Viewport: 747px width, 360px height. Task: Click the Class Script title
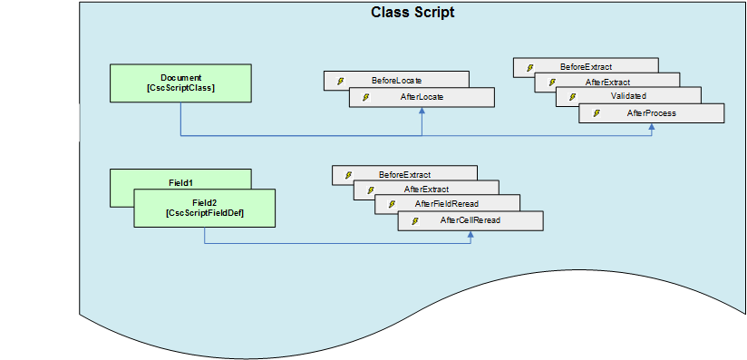coord(412,13)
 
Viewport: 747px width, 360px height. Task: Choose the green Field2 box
coord(205,208)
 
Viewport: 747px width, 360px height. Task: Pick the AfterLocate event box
coord(422,97)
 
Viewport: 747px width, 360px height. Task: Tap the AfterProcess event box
coord(651,113)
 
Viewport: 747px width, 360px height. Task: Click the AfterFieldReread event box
coord(447,204)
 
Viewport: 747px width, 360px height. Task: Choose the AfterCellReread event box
coord(470,220)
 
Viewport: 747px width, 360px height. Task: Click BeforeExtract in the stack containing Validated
coord(585,67)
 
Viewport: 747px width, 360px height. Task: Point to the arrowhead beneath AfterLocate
coord(422,112)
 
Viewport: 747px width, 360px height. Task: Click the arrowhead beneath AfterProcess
coord(651,128)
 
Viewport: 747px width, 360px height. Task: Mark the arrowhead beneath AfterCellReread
coord(471,236)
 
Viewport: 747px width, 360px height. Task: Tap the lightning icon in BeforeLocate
coord(341,81)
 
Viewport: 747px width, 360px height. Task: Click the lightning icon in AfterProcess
coord(596,113)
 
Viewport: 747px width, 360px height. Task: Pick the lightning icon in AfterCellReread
coord(414,221)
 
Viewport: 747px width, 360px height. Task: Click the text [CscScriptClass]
coord(180,88)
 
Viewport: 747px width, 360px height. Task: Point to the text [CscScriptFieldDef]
coord(205,213)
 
